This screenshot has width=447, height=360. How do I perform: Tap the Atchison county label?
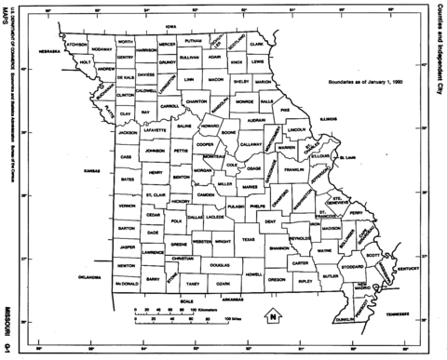pos(76,43)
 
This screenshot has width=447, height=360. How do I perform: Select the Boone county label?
pos(201,133)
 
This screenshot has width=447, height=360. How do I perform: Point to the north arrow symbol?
pos(272,316)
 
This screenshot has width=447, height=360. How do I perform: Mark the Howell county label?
pos(252,274)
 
